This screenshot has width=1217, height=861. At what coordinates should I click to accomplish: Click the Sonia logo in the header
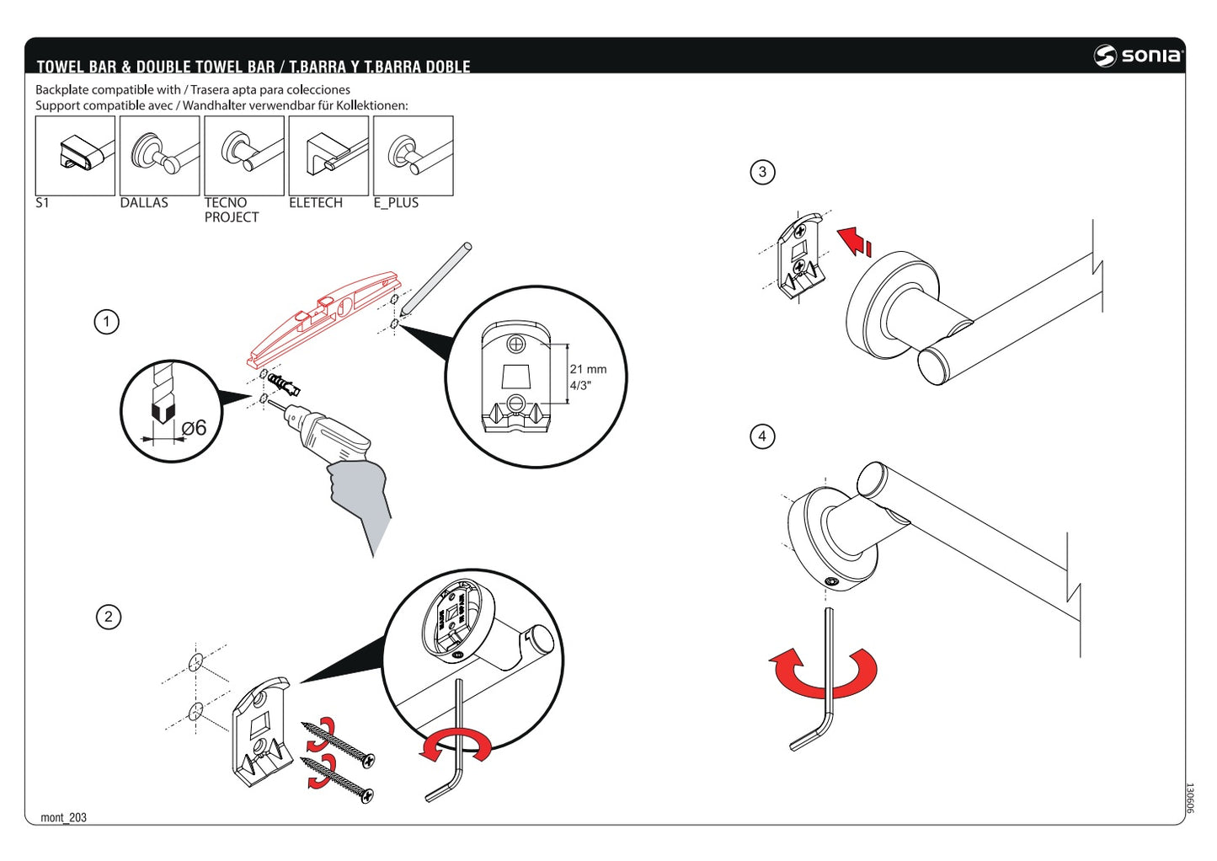1139,56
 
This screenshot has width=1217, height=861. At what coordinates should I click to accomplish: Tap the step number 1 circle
106,322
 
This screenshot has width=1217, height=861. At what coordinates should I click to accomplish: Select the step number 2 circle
108,617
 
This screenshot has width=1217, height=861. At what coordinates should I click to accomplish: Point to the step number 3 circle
762,172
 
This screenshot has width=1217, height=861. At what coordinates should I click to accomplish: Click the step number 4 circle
762,436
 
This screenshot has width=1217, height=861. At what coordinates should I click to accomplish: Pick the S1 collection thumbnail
75,156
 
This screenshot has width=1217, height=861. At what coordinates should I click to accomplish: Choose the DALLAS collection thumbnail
159,156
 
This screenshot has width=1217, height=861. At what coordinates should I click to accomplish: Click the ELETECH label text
315,203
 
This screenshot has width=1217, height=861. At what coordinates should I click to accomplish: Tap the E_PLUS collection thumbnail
413,156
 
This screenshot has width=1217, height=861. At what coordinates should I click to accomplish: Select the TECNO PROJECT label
231,210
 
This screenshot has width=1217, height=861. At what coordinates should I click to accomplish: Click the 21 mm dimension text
588,369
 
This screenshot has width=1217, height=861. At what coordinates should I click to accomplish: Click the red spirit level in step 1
324,318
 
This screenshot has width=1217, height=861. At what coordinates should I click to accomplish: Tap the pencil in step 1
435,279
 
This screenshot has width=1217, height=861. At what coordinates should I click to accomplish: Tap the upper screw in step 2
340,743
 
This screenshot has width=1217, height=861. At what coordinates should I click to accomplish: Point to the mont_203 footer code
63,817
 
